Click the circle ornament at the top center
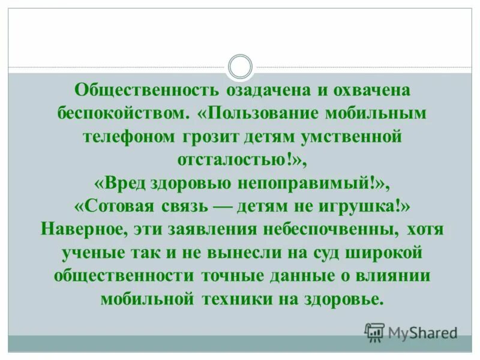(x=240, y=67)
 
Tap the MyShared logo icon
(x=375, y=331)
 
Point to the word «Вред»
(x=119, y=182)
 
